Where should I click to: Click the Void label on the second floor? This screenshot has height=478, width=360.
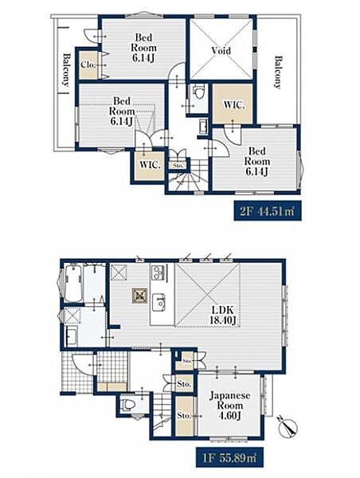[221, 51]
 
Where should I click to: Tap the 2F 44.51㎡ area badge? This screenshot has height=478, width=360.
[268, 210]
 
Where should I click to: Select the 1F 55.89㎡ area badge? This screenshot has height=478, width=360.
[229, 457]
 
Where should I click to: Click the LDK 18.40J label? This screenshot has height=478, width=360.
[223, 315]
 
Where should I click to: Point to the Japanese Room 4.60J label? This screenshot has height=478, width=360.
[230, 406]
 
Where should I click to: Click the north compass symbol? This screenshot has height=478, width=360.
[288, 425]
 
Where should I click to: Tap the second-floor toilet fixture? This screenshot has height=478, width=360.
[199, 92]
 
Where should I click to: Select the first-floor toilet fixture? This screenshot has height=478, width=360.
[128, 404]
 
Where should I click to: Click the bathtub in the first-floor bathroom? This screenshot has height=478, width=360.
[73, 283]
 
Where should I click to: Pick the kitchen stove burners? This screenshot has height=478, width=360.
[158, 272]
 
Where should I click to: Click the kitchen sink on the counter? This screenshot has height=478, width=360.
[158, 302]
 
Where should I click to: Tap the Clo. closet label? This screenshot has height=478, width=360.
[88, 65]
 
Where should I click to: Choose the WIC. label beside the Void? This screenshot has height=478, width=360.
[234, 105]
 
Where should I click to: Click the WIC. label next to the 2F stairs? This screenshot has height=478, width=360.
[150, 165]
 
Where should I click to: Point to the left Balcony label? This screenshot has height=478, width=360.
[66, 70]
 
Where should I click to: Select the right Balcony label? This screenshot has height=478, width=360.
[277, 72]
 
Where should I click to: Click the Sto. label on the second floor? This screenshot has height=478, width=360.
[178, 166]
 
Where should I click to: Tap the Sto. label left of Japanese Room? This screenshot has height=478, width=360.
[184, 415]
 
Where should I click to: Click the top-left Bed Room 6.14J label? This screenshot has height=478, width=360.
[143, 48]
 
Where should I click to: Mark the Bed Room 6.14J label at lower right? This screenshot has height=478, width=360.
[257, 161]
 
